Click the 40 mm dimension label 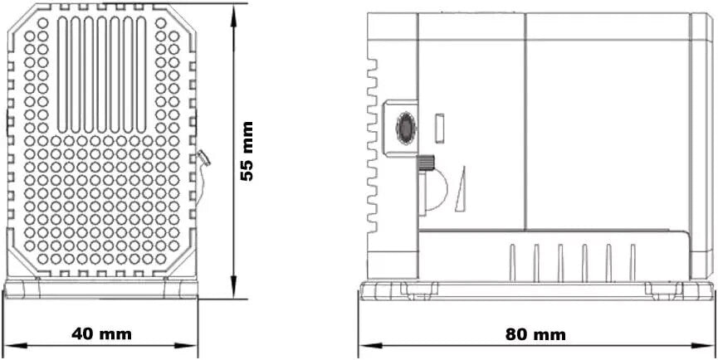pos(101,334)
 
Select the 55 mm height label pos(247,152)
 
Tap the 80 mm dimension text pos(535,335)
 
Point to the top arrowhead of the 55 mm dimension pos(233,12)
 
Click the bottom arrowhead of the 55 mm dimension pos(233,289)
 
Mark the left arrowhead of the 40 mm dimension pos(13,345)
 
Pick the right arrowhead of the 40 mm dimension pos(188,345)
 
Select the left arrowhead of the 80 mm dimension pos(369,345)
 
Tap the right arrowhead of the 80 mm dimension pos(706,345)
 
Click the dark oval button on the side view pos(406,129)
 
